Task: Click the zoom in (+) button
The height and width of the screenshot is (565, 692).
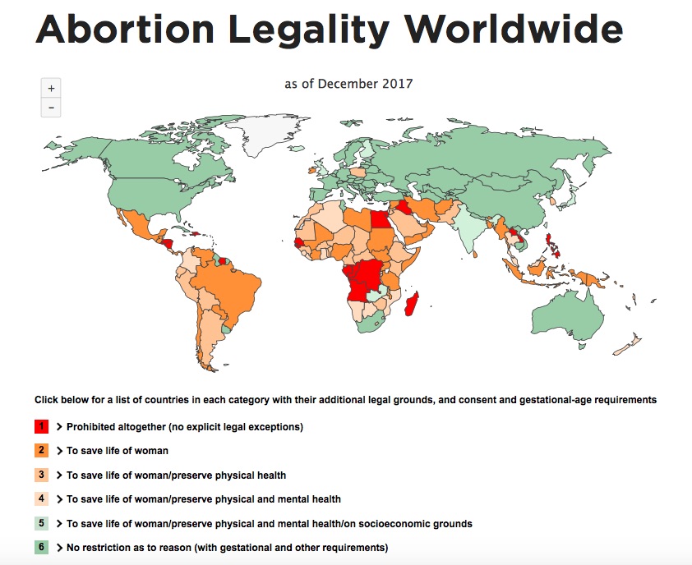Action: (51, 88)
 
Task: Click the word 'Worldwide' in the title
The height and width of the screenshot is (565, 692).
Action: (514, 30)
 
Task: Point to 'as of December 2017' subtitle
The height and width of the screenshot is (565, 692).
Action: (348, 83)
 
